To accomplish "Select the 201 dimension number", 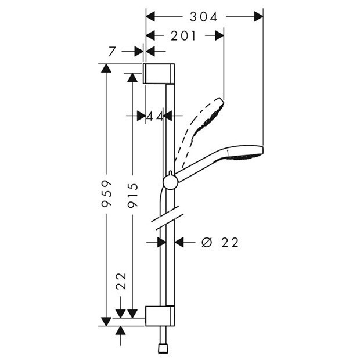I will [x=184, y=36].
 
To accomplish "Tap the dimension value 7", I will [x=112, y=52].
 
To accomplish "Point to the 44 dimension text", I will [x=154, y=116].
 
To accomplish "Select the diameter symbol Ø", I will [x=207, y=242].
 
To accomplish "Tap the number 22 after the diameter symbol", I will [x=230, y=242].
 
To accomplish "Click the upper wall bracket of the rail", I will [x=159, y=74].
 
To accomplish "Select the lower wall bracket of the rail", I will [x=159, y=316].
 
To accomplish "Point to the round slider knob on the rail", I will [x=170, y=182].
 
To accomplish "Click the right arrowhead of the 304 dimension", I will [x=258, y=17].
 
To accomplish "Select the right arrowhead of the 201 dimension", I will [x=219, y=36].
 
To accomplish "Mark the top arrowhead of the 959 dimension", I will [x=106, y=68].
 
